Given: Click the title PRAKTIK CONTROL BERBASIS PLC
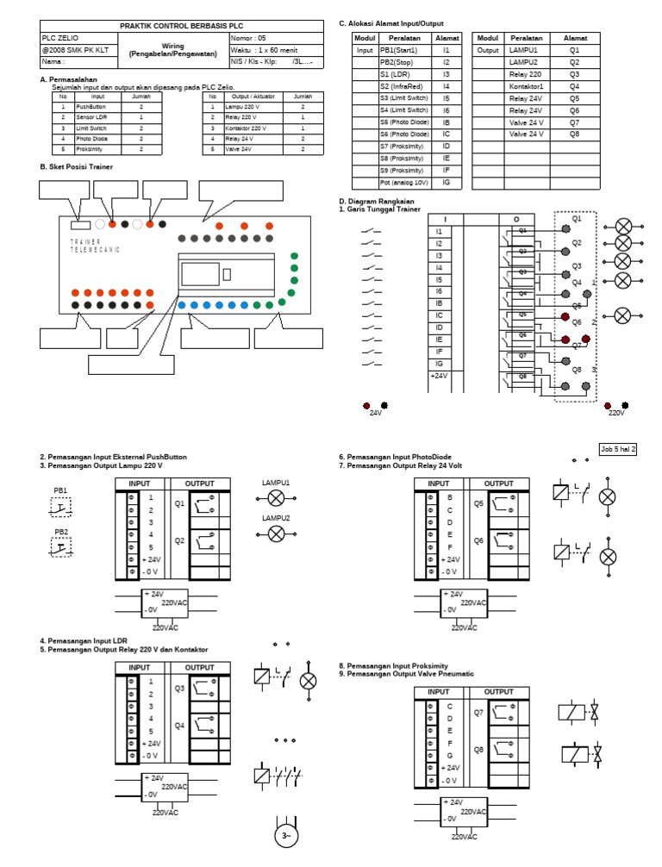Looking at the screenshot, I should click(x=176, y=27).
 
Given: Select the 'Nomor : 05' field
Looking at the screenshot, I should click(x=249, y=38).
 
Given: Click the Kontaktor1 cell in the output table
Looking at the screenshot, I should click(x=526, y=87).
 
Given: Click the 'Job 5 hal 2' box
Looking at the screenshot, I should click(x=618, y=449).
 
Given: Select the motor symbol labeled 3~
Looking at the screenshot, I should click(x=285, y=836).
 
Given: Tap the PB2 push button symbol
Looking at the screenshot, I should click(x=61, y=548).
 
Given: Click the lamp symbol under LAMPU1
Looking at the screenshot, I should click(x=276, y=499).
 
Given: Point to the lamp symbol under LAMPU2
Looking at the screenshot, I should click(x=276, y=534).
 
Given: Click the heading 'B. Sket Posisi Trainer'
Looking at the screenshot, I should click(x=76, y=166).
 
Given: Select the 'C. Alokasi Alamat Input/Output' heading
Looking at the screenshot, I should click(x=391, y=23).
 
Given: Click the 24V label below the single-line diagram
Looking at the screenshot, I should click(x=375, y=413).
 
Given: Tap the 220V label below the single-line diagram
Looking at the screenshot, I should click(x=615, y=413).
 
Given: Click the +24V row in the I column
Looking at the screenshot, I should click(x=440, y=376).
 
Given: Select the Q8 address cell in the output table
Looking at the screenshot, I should click(x=574, y=134).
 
